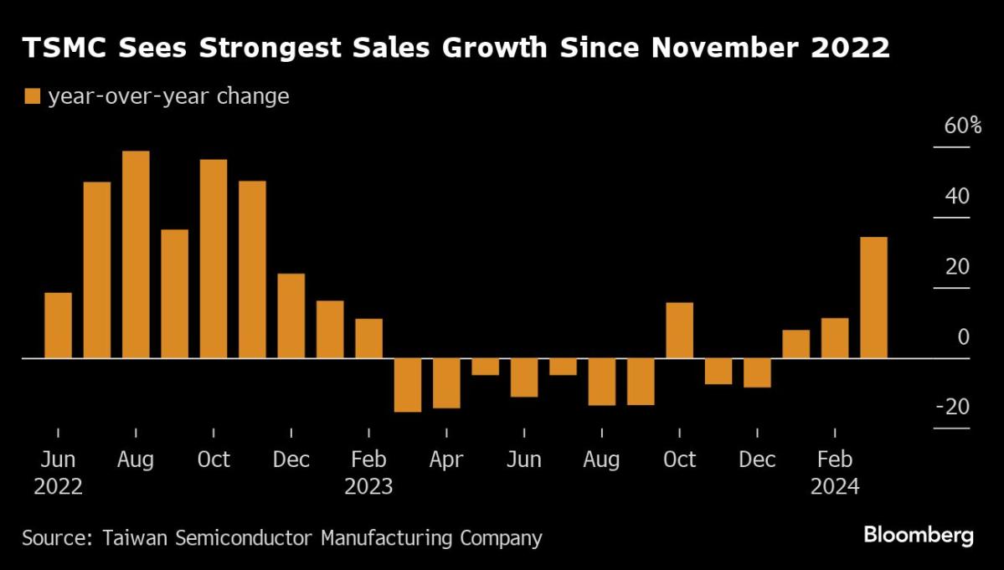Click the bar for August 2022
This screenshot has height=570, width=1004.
[x=136, y=254]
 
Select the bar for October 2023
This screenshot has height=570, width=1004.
[x=679, y=330]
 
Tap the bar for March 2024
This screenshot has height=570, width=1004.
[x=873, y=297]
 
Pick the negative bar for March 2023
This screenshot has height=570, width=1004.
[x=408, y=385]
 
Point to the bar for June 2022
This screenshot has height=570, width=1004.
[x=58, y=325]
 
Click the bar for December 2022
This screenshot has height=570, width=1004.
[x=291, y=316]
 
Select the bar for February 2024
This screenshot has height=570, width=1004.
[x=835, y=337]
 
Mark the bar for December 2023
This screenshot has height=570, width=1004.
[x=757, y=372]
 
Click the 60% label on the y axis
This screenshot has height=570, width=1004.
[x=950, y=126]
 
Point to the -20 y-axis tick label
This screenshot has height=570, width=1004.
[x=952, y=407]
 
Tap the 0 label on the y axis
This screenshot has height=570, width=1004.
[x=963, y=336]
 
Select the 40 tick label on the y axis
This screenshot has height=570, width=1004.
[x=957, y=197]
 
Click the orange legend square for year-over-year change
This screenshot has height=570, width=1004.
[x=33, y=97]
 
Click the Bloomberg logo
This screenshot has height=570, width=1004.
[x=919, y=535]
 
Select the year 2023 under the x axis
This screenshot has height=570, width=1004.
[x=368, y=486]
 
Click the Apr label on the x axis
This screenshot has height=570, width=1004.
[x=446, y=460]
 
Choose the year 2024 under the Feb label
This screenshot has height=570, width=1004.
[x=835, y=486]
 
